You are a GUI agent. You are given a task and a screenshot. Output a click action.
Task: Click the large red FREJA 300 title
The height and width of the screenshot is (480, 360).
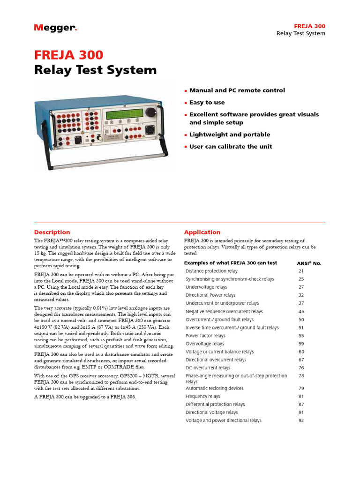(x=68, y=55)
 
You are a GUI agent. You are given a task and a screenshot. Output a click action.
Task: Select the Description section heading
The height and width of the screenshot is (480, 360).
(x=52, y=232)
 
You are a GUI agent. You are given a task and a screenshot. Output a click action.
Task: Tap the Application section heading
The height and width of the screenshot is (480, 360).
(x=202, y=232)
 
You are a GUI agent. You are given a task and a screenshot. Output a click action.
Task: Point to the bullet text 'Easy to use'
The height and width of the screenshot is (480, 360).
(x=207, y=102)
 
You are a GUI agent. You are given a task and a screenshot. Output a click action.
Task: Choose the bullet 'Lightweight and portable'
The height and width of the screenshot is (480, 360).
(x=230, y=135)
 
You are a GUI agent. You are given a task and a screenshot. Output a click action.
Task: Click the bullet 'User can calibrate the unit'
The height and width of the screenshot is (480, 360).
(x=231, y=146)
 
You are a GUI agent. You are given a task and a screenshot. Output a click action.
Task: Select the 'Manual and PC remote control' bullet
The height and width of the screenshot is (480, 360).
(x=237, y=90)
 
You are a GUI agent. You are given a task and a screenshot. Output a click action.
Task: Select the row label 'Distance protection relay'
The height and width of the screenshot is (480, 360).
(x=211, y=271)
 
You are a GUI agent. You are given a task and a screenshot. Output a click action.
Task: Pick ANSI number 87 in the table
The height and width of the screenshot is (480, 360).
(x=301, y=404)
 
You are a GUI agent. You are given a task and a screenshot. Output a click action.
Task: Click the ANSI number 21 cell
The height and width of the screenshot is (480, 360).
(x=301, y=271)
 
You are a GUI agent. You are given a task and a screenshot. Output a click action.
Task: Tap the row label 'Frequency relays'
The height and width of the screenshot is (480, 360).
(x=202, y=396)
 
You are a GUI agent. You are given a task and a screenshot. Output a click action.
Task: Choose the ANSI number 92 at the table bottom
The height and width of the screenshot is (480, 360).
(x=301, y=420)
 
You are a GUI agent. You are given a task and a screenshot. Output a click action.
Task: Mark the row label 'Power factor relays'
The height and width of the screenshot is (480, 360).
(x=205, y=336)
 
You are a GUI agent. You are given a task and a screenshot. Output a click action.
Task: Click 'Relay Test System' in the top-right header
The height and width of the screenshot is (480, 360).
(x=300, y=33)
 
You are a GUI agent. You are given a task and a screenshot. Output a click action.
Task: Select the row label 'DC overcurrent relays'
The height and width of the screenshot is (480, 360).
(x=208, y=368)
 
